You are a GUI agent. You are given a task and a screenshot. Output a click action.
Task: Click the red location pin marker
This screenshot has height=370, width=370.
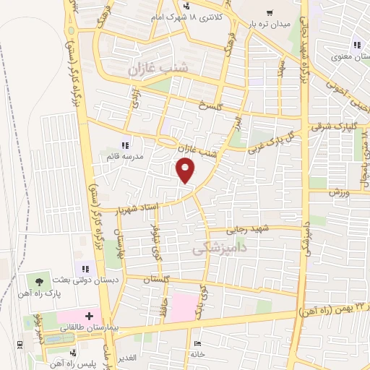pos(186,171)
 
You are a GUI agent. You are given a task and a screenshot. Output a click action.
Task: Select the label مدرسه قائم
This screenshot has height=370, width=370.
pos(126,156)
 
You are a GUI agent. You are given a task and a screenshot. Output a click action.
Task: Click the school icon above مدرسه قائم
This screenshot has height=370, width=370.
pos(126,145)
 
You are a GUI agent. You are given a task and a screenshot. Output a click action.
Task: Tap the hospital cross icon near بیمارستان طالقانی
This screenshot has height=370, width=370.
pos(89,316)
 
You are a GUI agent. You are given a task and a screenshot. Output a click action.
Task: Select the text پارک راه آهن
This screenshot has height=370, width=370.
pos(39,294)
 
